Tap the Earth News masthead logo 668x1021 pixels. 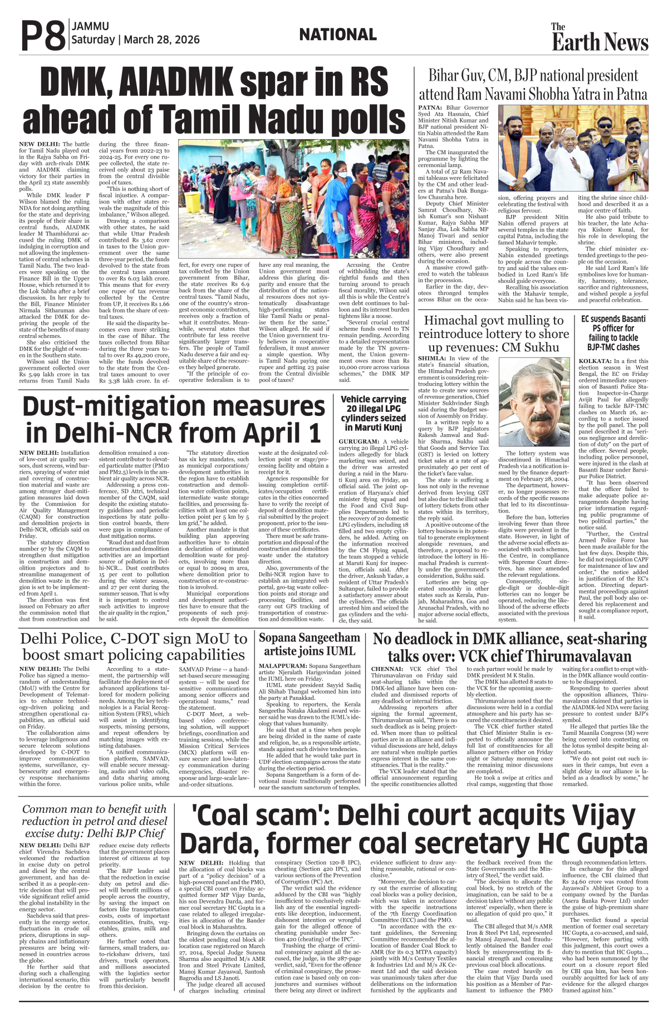click(600, 38)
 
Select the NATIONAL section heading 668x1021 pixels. click(338, 35)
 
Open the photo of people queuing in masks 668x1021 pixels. click(293, 199)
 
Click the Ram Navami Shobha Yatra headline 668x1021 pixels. click(533, 85)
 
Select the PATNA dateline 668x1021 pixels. click(430, 107)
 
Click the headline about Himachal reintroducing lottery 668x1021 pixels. click(493, 333)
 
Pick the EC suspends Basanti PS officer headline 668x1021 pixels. click(613, 333)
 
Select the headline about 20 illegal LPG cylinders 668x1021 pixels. click(373, 413)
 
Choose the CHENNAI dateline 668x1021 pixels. click(387, 669)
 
